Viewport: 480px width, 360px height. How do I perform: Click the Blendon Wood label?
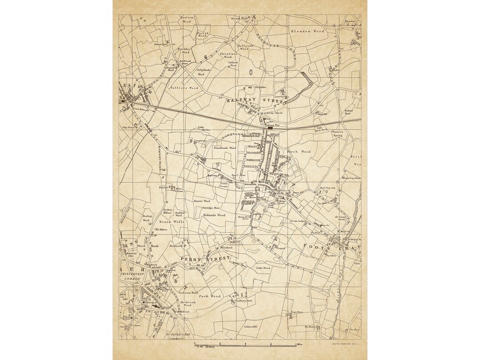tap(307, 32)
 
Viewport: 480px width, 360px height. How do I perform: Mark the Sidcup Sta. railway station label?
tap(271, 125)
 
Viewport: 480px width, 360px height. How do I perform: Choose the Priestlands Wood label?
tap(225, 148)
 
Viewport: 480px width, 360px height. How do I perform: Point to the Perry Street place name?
tap(205, 259)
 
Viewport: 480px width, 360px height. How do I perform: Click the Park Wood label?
tap(209, 296)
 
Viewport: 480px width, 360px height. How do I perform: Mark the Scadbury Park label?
tap(243, 301)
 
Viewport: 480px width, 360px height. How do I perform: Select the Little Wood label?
tap(263, 268)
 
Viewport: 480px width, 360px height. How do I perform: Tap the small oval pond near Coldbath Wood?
tap(250, 71)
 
